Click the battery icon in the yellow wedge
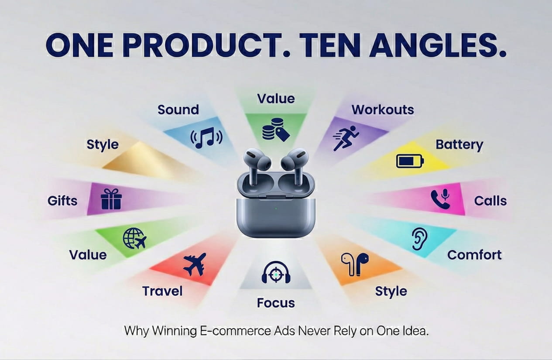pos(410,161)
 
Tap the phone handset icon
pos(440,199)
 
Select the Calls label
pos(490,201)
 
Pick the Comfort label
pos(474,255)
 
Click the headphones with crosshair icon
pos(275,272)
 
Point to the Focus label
pos(276,303)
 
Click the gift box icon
pos(111,199)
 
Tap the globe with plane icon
pos(134,238)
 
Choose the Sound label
pos(178,110)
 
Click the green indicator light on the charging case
pos(276,208)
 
